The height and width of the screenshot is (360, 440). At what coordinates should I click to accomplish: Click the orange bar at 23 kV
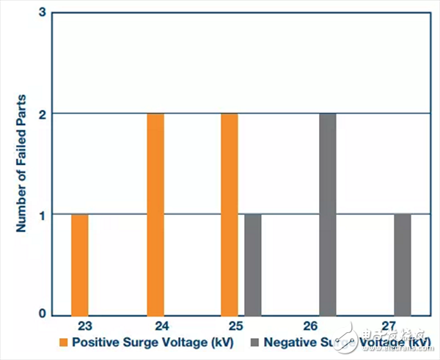[x=80, y=265]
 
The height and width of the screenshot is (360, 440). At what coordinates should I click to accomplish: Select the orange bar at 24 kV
[x=155, y=215]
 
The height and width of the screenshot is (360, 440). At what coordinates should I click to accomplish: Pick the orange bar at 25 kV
[x=230, y=215]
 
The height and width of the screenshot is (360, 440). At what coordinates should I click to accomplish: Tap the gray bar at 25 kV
[x=253, y=265]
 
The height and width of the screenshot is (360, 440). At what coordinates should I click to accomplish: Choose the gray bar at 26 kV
[x=328, y=215]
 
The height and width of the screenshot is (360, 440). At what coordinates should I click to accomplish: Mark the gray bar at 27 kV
[x=402, y=265]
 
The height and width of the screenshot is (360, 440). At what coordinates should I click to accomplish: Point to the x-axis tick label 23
[x=81, y=325]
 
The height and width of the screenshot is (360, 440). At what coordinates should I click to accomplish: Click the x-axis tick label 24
[x=155, y=325]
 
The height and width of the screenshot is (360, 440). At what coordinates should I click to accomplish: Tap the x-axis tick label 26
[x=328, y=325]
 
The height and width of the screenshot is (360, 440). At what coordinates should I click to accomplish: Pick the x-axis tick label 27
[x=403, y=325]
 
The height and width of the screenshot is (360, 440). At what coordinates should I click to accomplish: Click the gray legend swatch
[x=253, y=342]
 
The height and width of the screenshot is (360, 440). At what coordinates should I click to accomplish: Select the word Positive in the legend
[x=96, y=342]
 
